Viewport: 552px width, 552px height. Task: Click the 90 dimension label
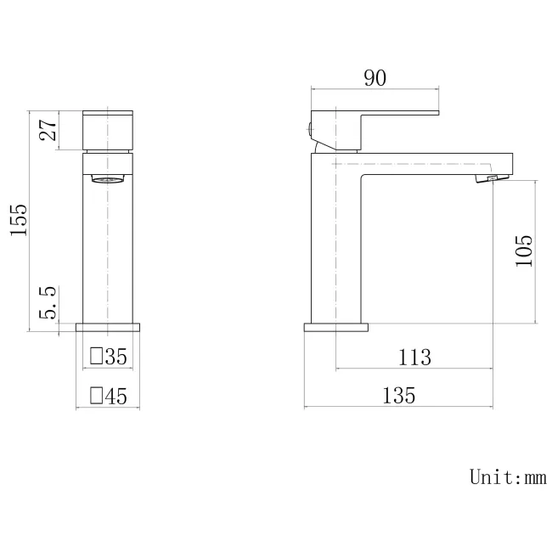click(375, 78)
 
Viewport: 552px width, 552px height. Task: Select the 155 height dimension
click(20, 221)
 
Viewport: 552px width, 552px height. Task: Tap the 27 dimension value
click(48, 130)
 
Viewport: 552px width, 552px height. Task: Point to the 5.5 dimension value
click(48, 304)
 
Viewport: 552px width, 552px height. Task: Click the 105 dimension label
click(523, 252)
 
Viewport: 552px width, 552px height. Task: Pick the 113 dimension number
click(414, 358)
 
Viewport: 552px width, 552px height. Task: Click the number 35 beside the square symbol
click(115, 357)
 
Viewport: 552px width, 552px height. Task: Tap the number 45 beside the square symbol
click(115, 395)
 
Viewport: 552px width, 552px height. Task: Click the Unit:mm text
click(508, 476)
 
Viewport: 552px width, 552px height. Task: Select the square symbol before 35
click(97, 357)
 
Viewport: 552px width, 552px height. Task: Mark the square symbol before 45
click(97, 395)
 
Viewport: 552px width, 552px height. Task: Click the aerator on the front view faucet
click(108, 179)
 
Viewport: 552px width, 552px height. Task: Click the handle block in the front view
click(108, 129)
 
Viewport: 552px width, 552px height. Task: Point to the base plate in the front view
click(108, 327)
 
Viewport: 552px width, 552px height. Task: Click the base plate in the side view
click(337, 327)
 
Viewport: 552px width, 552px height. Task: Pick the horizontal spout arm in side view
click(433, 162)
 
